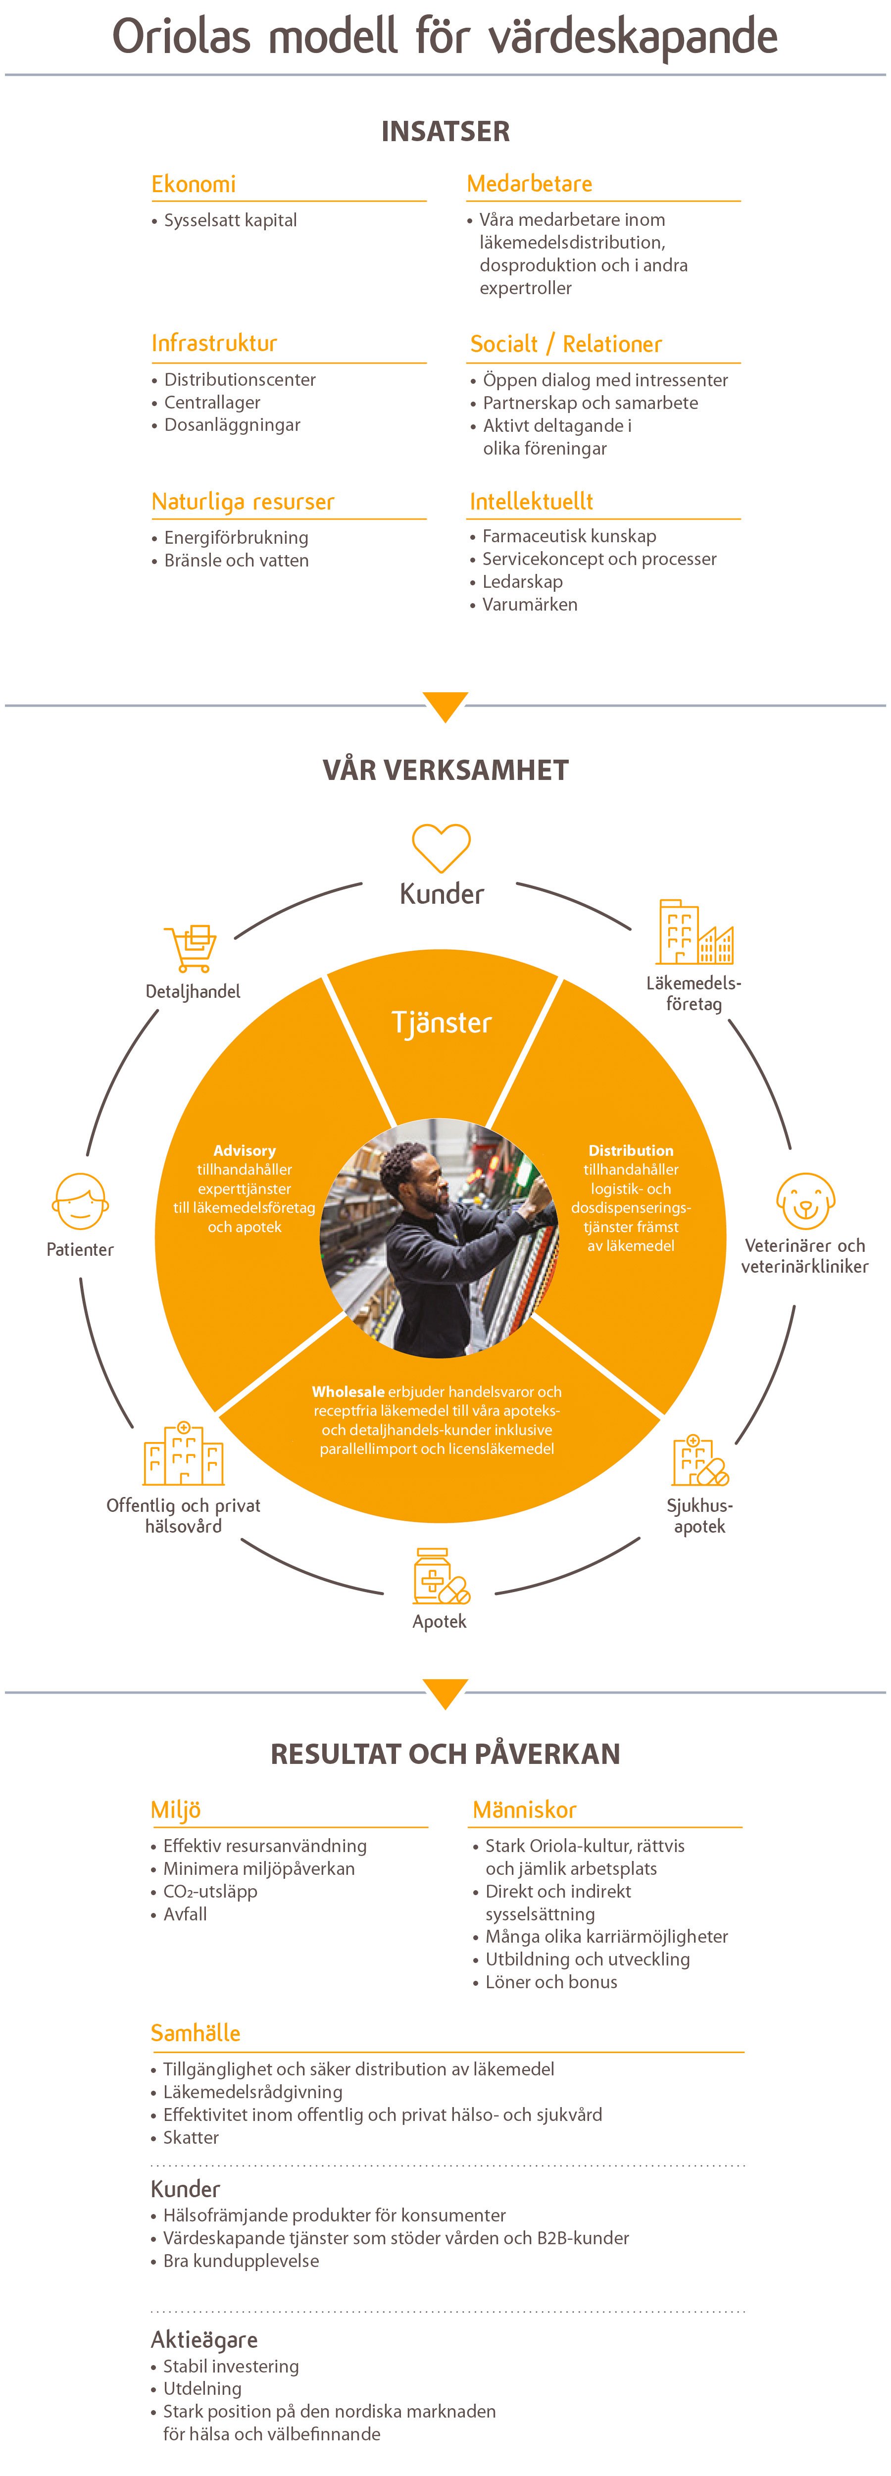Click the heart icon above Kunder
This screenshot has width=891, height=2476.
441,848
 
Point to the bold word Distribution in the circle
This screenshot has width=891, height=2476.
631,1150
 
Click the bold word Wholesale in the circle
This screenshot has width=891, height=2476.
348,1392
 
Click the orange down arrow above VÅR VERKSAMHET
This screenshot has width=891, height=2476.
445,706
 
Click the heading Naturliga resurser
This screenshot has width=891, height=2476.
242,502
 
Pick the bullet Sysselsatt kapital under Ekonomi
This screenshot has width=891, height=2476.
230,220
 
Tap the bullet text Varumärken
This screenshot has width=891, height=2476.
530,605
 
